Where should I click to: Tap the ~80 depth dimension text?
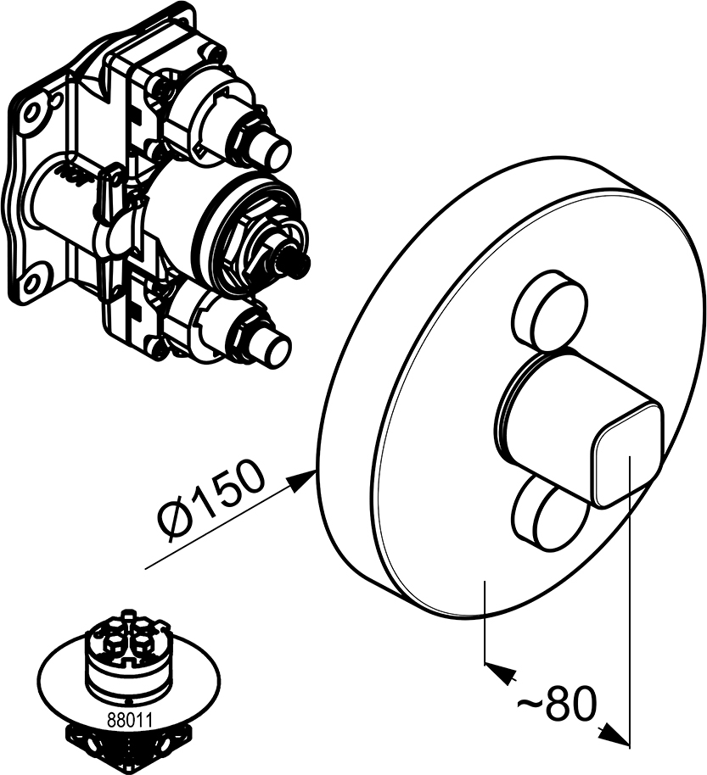[557, 704]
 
